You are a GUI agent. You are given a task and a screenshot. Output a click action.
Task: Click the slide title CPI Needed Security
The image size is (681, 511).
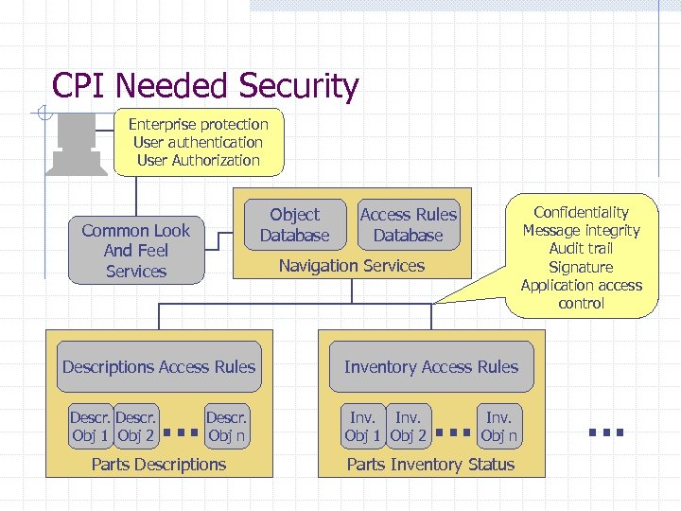205,86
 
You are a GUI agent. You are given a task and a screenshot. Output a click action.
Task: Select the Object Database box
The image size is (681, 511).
294,225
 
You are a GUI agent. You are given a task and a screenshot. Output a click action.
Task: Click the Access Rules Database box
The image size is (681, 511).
408,225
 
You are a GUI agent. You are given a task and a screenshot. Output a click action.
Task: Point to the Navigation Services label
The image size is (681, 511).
351,266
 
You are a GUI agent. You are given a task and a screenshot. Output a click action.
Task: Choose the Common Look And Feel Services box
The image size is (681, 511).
135,251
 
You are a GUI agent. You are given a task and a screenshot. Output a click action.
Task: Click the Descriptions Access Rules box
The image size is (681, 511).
159,367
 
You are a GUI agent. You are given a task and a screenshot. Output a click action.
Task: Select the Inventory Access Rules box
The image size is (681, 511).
430,367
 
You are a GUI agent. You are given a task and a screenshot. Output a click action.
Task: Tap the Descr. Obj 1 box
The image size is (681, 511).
92,427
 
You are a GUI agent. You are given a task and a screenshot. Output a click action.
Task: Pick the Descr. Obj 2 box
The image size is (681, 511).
136,427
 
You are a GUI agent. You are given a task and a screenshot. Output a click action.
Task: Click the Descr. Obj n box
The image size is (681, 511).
226,427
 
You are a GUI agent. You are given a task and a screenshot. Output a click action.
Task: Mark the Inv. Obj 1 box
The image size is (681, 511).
364,427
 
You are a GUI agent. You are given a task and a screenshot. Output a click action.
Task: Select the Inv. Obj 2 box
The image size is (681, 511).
409,427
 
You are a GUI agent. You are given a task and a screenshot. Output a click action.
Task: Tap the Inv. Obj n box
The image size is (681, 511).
498,427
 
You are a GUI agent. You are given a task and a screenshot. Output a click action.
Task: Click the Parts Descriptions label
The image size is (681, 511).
159,464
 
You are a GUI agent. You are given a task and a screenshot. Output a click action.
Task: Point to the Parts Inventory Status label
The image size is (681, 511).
430,464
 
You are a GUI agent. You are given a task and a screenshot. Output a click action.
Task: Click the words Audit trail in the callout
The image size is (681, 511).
581,249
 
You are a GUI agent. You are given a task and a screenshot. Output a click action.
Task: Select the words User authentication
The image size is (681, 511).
198,142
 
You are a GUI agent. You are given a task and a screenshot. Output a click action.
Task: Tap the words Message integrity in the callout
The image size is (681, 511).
581,231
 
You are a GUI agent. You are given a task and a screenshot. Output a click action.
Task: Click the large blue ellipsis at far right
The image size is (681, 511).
605,432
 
